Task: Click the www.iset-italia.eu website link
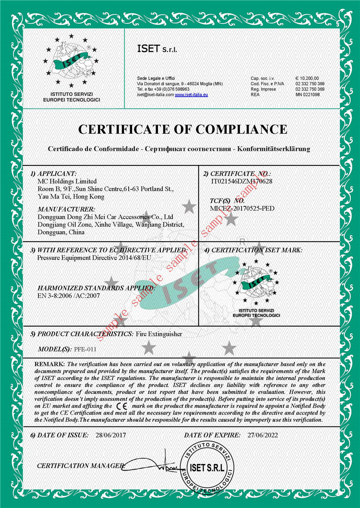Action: [x=191, y=95]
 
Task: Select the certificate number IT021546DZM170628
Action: [x=241, y=181]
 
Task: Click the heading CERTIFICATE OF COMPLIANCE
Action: [x=182, y=129]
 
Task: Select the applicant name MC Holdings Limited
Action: [x=67, y=181]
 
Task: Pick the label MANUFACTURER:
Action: [x=67, y=209]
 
